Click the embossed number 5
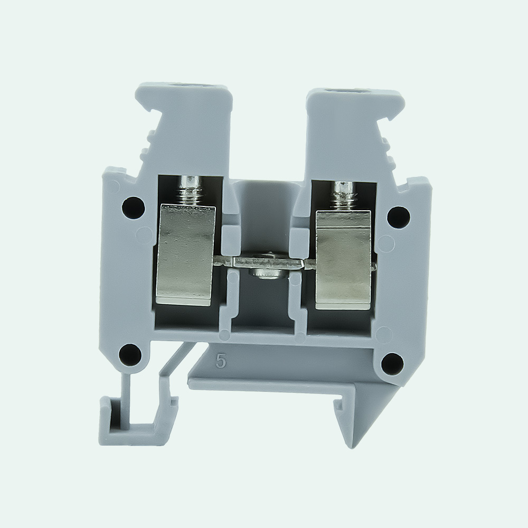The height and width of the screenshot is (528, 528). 221,361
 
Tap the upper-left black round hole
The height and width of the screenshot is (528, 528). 134,208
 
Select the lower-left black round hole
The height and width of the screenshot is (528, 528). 130,354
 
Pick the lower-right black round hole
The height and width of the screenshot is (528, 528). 392,363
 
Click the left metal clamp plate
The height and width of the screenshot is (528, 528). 185,255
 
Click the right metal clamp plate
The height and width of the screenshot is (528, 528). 343,260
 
